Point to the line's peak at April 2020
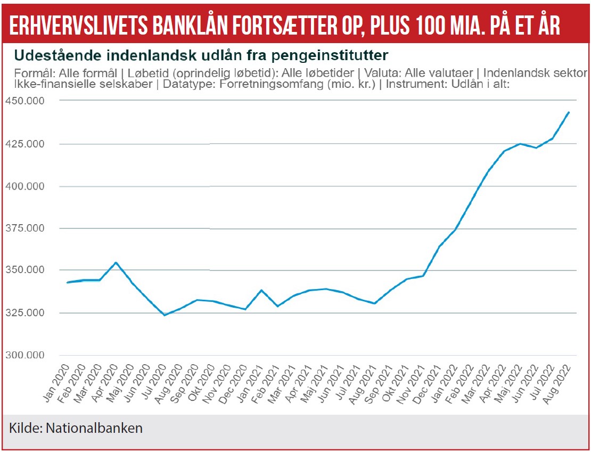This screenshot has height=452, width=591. click(116, 262)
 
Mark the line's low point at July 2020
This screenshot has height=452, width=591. click(165, 315)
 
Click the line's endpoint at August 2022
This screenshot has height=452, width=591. click(569, 112)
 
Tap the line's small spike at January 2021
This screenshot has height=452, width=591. click(261, 290)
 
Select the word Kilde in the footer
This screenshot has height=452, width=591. click(24, 428)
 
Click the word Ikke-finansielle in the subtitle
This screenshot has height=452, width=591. click(46, 84)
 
